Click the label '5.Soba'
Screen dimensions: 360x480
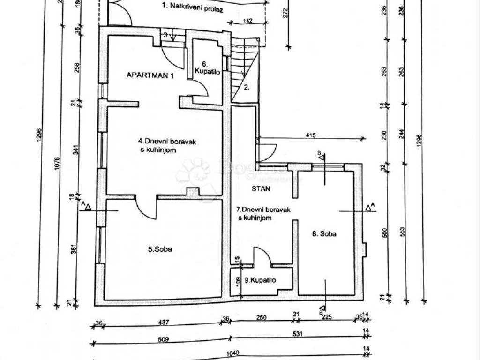(x=160, y=249)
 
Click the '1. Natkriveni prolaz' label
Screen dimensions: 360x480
(x=192, y=7)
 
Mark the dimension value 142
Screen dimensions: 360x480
(x=247, y=21)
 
